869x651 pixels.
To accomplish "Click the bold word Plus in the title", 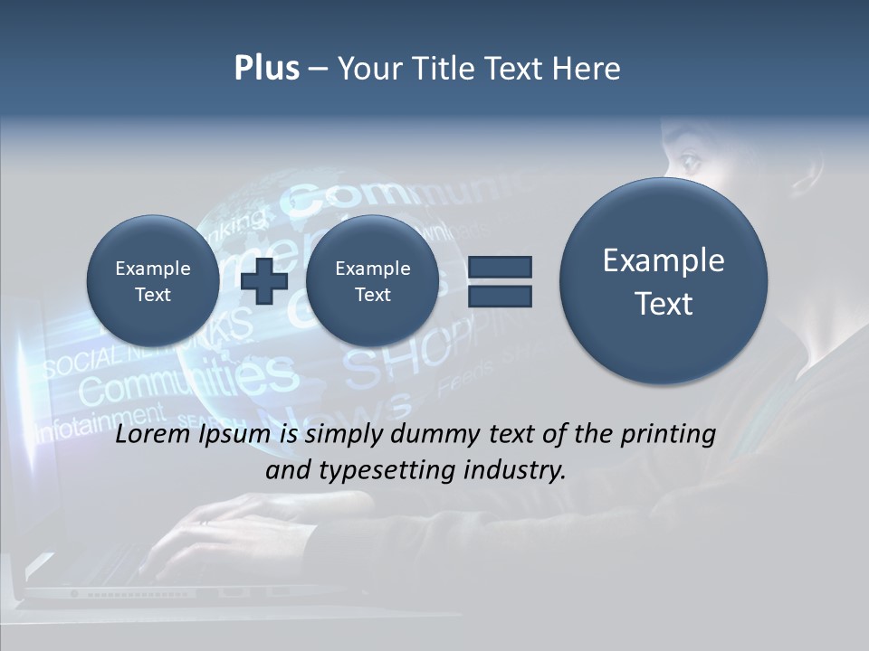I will [x=266, y=69].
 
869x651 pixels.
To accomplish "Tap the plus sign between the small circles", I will [x=264, y=281].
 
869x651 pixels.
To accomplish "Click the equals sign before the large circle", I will [x=500, y=281].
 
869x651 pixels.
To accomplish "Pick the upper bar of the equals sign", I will [x=500, y=267].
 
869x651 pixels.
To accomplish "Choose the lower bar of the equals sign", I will [x=500, y=296].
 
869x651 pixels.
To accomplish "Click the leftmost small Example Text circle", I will [x=152, y=281].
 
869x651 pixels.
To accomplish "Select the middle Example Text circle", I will [x=372, y=281].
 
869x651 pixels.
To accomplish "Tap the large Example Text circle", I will [x=664, y=281].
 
